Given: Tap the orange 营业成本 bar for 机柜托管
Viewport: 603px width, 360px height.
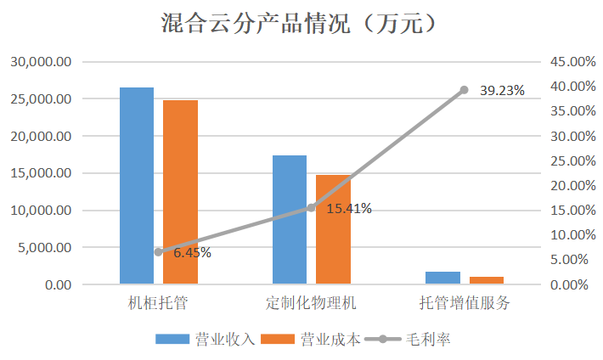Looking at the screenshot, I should coord(180,192).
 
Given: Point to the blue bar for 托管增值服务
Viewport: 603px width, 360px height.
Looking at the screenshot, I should coord(442,278).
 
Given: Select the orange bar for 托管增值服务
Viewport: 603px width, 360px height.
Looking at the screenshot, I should coord(486,280).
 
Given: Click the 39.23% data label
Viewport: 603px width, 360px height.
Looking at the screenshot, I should coord(502,90).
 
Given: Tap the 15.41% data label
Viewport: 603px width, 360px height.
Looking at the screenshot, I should coord(348,209).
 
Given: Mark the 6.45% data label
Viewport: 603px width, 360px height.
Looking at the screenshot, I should coord(192,252).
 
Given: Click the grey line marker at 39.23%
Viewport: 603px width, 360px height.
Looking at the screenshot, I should coord(464,90).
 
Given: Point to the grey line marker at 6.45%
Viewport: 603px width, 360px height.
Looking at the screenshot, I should coord(158,252).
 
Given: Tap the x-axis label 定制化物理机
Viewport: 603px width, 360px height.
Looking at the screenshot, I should coord(311,303).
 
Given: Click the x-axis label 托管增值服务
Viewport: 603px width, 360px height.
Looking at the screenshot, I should coord(465,303).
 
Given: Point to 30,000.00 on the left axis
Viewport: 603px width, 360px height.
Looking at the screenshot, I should coord(41,62).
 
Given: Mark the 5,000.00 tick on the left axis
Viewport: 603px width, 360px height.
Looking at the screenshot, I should coord(44,248).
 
